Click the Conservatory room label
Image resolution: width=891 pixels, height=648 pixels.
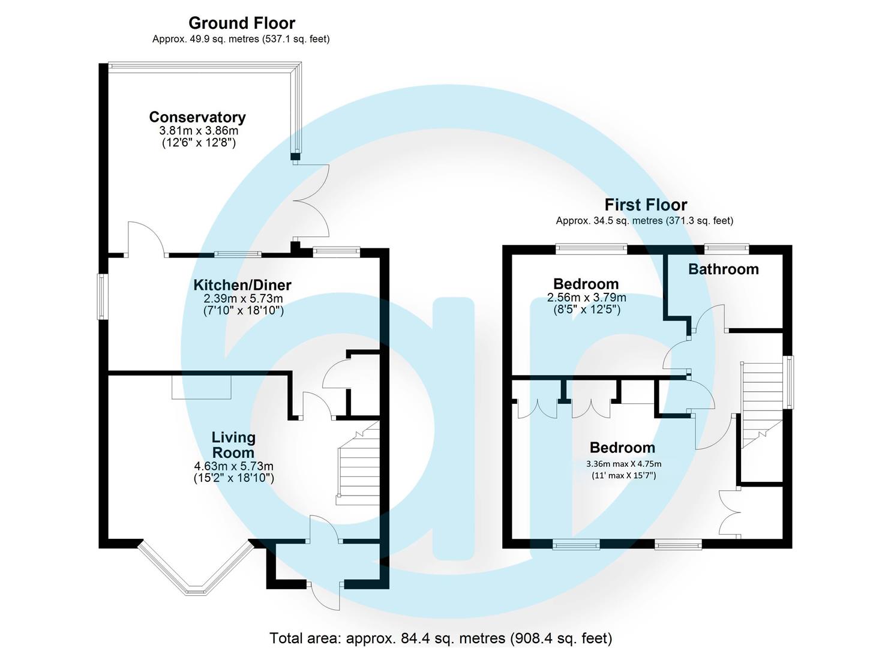tap(197, 117)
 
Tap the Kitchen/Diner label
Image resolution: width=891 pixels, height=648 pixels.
tap(242, 284)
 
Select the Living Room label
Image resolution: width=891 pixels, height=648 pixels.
tap(233, 445)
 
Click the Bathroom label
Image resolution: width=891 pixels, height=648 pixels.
tap(723, 269)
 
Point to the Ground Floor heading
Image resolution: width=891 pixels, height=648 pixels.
tap(242, 23)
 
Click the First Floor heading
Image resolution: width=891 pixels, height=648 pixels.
tap(646, 205)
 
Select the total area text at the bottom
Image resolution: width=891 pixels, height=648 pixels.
tap(441, 638)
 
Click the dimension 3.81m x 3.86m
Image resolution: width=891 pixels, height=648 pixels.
tap(197, 130)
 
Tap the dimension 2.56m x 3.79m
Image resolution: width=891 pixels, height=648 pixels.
tap(586, 298)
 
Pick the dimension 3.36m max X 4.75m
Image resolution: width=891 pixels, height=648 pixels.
tap(623, 463)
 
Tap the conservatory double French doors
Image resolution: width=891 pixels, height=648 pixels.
tap(311, 201)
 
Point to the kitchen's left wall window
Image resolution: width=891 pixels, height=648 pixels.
tap(103, 296)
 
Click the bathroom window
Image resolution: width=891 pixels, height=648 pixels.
tap(726, 247)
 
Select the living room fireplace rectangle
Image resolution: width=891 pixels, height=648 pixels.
tap(201, 387)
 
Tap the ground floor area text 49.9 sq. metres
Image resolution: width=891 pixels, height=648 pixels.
tap(241, 39)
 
